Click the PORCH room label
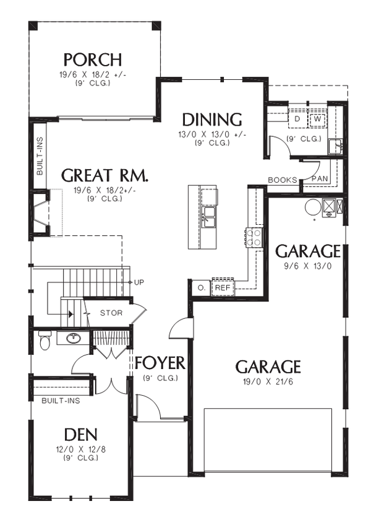pyautogui.click(x=92, y=60)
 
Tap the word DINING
pyautogui.click(x=211, y=120)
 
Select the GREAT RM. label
pyautogui.click(x=104, y=176)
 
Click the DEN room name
pyautogui.click(x=81, y=434)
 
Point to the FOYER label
pyautogui.click(x=160, y=363)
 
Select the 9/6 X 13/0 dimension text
pyautogui.click(x=307, y=267)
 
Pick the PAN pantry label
pyautogui.click(x=319, y=178)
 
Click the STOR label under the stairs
pyautogui.click(x=111, y=313)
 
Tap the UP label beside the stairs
pyautogui.click(x=139, y=282)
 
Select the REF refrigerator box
pyautogui.click(x=221, y=287)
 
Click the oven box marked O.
pyautogui.click(x=201, y=287)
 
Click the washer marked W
pyautogui.click(x=317, y=118)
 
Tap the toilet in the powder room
pyautogui.click(x=44, y=340)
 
